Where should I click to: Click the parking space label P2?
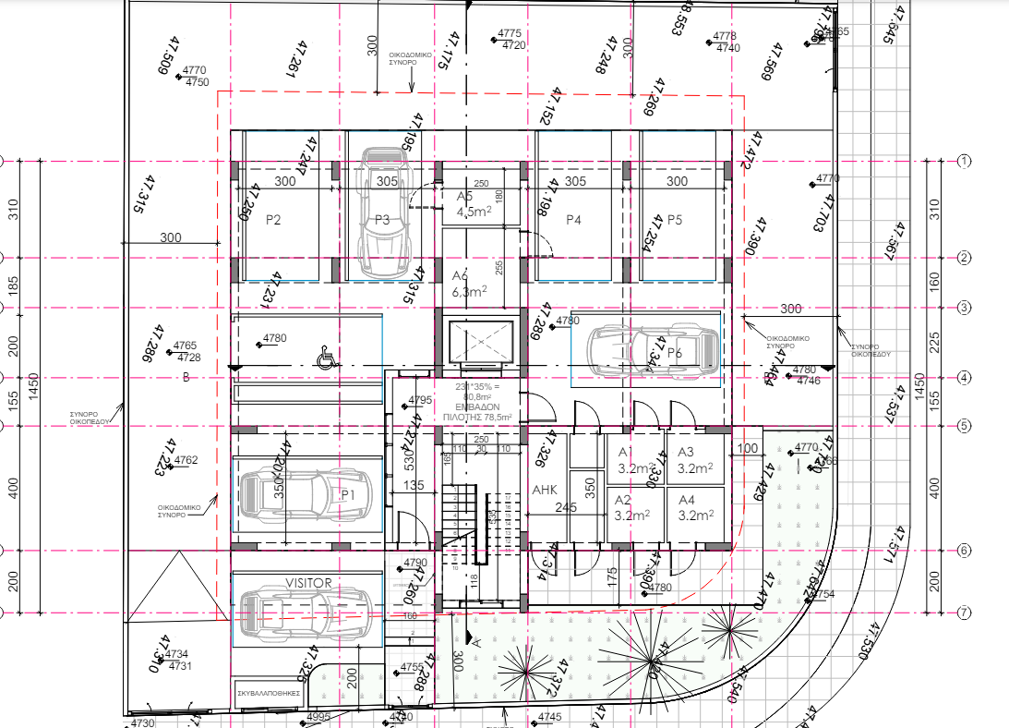point(273,220)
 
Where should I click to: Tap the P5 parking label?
point(675,220)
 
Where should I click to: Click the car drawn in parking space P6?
point(644,348)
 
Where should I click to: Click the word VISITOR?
point(308,583)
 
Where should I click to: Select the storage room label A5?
point(464,197)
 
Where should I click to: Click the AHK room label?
point(544,491)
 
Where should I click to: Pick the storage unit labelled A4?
point(687,500)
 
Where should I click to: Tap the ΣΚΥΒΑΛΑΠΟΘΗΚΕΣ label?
point(269,691)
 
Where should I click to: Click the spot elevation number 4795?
point(419,400)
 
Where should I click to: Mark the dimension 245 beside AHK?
point(566,507)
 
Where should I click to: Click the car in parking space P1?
point(305,494)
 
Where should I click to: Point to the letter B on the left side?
point(186,377)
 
